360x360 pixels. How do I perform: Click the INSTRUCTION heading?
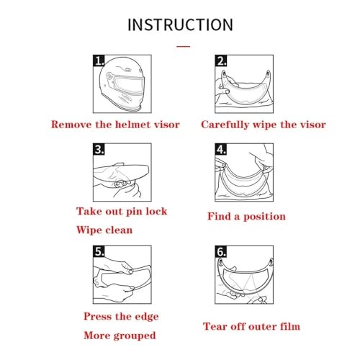[x=180, y=24]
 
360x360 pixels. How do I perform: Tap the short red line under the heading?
[x=184, y=46]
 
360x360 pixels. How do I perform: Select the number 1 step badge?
[x=99, y=60]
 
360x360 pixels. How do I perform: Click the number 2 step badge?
[x=221, y=60]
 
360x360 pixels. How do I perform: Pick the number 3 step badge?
[x=99, y=149]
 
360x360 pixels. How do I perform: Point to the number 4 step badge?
[x=221, y=149]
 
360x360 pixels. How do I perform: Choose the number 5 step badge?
[x=99, y=251]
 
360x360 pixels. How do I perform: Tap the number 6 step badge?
[x=221, y=251]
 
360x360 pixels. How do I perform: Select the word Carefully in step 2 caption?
[x=225, y=125]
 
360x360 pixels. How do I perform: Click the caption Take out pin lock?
[x=122, y=212]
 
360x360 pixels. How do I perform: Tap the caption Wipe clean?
[x=104, y=230]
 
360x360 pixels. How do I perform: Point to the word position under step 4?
[x=264, y=217]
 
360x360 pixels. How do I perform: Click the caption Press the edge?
[x=121, y=317]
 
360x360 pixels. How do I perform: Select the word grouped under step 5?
[x=135, y=336]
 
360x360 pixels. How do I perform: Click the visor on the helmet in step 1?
[x=128, y=84]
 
